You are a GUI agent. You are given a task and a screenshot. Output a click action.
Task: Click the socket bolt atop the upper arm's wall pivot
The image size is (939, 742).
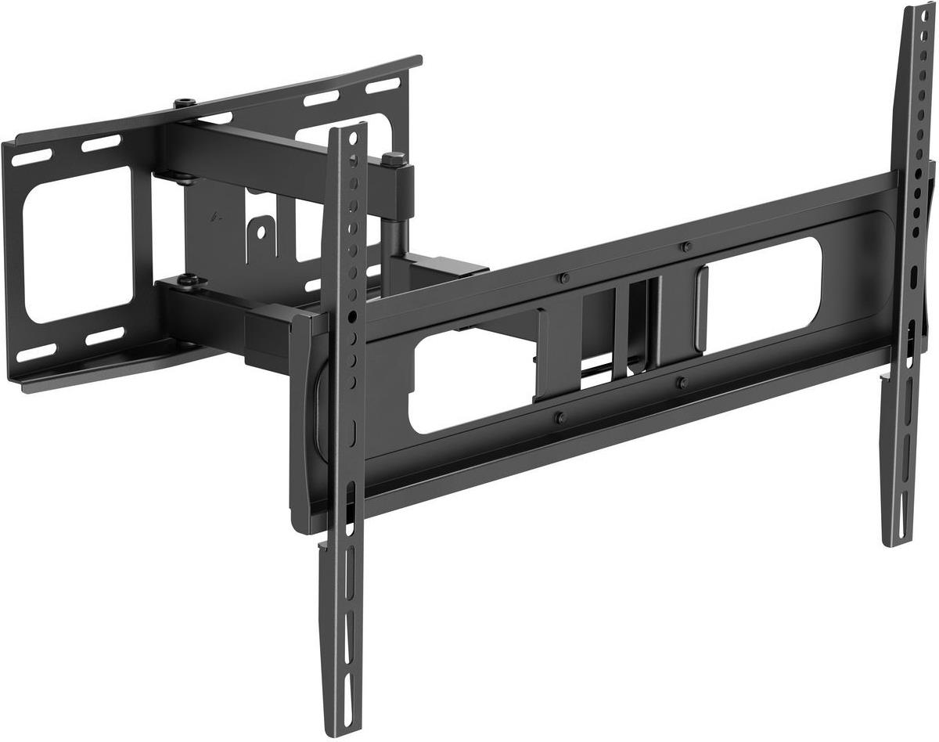185,104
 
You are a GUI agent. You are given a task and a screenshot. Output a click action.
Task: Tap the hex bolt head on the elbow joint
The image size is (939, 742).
394,159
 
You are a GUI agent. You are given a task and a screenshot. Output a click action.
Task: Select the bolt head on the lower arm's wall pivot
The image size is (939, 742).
188,279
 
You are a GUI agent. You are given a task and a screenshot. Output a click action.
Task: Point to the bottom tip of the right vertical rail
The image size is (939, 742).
894,540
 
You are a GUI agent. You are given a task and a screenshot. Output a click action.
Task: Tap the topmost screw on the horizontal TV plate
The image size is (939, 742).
686,247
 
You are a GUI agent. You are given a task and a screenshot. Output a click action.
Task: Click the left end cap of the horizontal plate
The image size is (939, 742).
301,423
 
